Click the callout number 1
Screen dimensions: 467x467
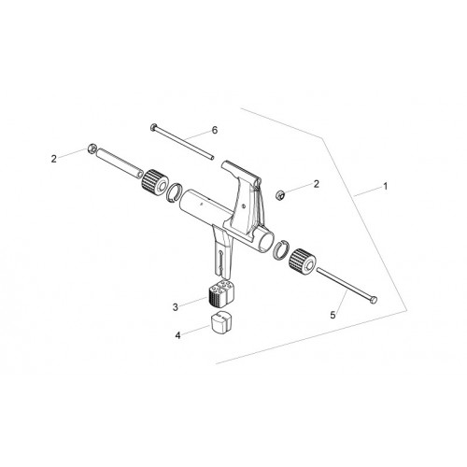[386, 187]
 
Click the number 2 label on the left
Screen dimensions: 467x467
[54, 159]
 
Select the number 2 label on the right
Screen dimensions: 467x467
[317, 184]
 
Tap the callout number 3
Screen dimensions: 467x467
[176, 307]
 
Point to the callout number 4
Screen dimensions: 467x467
[177, 335]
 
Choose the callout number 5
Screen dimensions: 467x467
[333, 315]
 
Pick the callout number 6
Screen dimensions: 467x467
[215, 130]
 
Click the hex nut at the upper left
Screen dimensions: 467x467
[92, 148]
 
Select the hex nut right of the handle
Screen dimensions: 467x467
[279, 194]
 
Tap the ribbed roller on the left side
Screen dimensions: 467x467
[155, 182]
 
